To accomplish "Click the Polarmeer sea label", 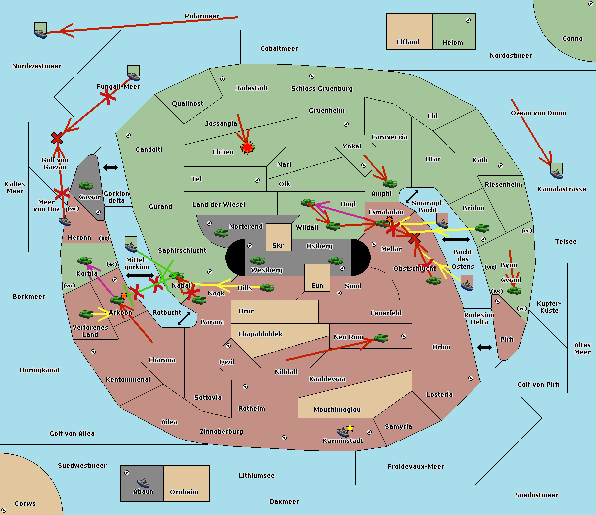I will tap(202, 16).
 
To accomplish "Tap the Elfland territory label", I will tap(408, 42).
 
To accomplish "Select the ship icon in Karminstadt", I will tap(343, 432).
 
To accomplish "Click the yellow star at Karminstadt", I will tap(350, 427).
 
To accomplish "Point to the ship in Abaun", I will tap(143, 482).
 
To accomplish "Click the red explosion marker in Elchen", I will tap(247, 147).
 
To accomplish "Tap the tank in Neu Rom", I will tap(381, 338).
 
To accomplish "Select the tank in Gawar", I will tap(86, 185).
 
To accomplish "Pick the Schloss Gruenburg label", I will tap(321, 89).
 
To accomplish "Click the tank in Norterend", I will tap(221, 233).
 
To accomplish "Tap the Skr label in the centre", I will tap(278, 246).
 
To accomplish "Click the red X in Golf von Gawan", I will tap(57, 139).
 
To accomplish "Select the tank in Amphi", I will tap(390, 184).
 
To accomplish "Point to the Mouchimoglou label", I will tap(337, 410).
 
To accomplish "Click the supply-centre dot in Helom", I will tap(468, 20).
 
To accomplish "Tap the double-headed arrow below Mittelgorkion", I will tap(140, 275).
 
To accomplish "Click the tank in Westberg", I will tap(257, 260).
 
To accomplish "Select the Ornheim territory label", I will tap(184, 492).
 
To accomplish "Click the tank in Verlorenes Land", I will tap(86, 314).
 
